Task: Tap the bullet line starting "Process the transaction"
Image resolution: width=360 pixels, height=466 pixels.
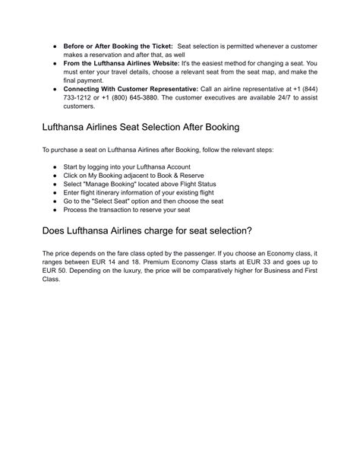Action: (135, 212)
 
